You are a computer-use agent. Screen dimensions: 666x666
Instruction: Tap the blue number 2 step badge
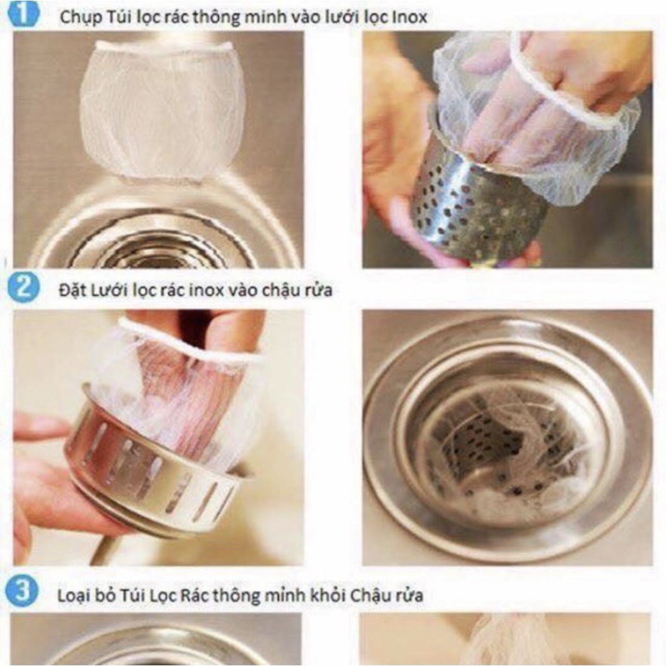(x=23, y=287)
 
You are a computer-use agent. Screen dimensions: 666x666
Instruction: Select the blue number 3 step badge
(x=22, y=591)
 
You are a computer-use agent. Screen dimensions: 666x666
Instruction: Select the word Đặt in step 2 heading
(x=70, y=291)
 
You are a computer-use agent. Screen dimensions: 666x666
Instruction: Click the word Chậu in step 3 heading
(x=370, y=596)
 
